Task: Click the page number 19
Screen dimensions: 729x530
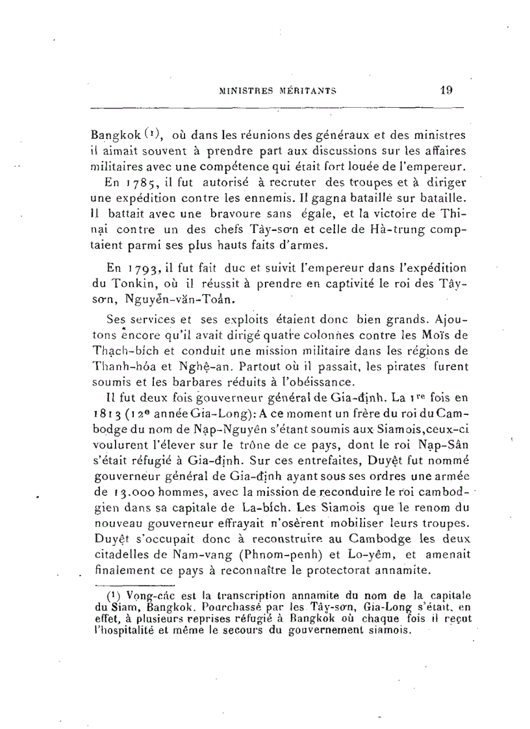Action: (446, 91)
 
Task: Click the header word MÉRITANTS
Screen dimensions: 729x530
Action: (307, 92)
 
